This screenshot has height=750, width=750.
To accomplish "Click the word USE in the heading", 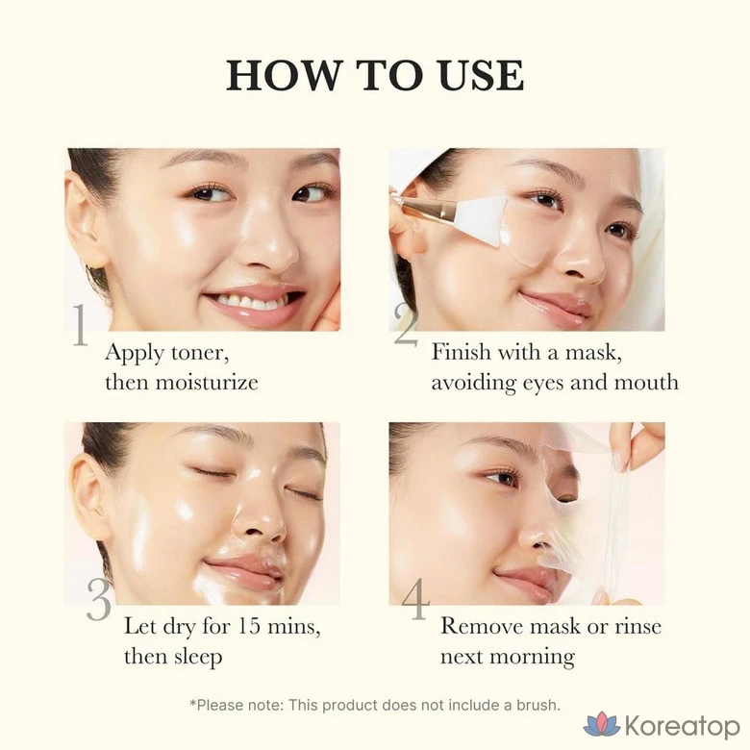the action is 481,75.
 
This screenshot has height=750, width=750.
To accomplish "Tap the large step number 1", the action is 80,325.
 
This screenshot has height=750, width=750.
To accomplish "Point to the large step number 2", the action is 406,325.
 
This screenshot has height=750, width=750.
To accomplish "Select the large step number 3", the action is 99,600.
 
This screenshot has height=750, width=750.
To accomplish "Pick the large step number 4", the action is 416,598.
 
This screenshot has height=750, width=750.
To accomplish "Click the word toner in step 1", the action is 200,353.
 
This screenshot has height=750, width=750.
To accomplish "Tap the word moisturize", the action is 207,383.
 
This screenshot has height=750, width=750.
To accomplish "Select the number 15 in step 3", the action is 249,626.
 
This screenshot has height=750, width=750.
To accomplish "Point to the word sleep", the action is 197,657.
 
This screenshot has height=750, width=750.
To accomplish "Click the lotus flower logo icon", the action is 602,724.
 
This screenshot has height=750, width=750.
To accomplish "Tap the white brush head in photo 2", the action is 479,221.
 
